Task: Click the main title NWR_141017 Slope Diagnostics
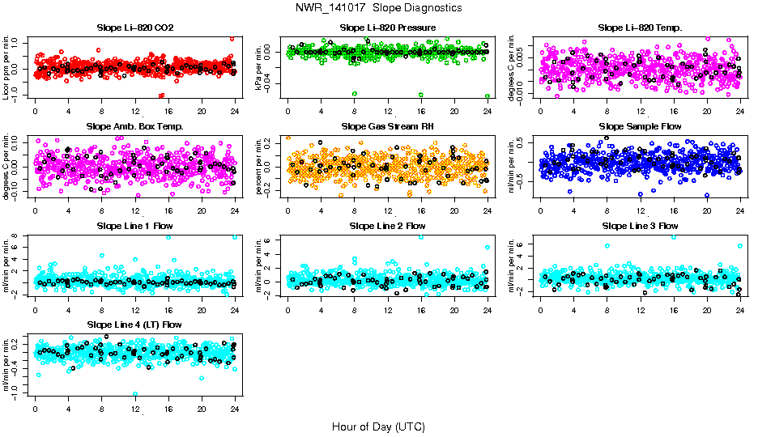click(379, 7)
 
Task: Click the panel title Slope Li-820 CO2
click(134, 28)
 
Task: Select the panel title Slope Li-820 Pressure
click(388, 28)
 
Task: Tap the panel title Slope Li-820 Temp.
click(640, 28)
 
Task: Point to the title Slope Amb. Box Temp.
click(134, 127)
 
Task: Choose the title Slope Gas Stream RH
click(388, 127)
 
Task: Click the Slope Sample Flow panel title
click(640, 127)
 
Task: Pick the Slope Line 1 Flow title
click(134, 226)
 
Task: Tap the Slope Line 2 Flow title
click(388, 226)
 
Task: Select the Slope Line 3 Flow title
click(640, 226)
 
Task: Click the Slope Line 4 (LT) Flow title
click(134, 325)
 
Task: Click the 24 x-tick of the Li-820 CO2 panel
click(235, 111)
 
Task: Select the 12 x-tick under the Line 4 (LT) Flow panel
click(135, 407)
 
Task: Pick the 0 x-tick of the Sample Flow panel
click(541, 210)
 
